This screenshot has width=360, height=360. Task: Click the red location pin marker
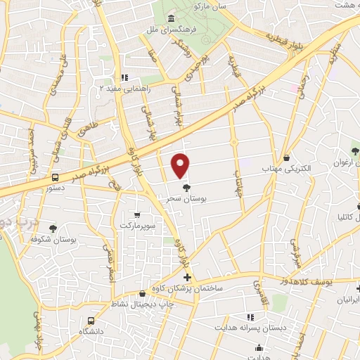pos(181,165)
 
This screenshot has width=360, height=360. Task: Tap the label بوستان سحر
pos(186,199)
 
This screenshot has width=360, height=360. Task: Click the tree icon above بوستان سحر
pos(186,188)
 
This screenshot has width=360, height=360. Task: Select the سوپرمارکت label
pos(137,226)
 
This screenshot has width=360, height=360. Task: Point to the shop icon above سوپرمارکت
pos(137,214)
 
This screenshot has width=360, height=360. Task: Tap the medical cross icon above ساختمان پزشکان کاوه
pos(186,278)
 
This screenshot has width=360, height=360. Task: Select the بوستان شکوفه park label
pos(53,240)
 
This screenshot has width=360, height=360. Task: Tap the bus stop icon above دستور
pos(55,177)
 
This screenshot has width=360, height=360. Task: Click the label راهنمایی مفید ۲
pos(101,88)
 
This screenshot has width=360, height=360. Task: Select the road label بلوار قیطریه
pos(289,32)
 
